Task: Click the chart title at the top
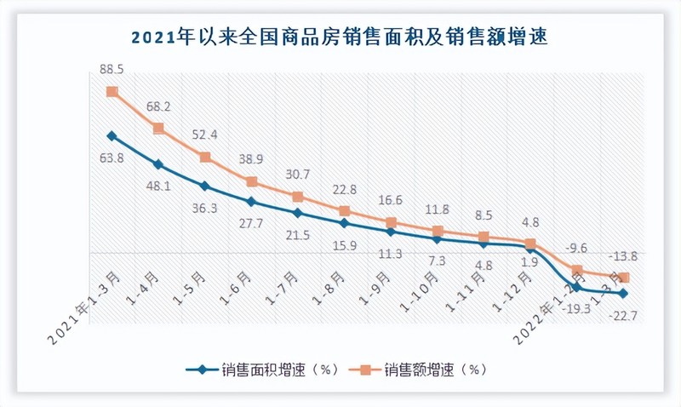(340, 37)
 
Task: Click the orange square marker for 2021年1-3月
(112, 92)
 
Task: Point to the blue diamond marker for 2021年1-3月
(112, 135)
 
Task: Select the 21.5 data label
(296, 235)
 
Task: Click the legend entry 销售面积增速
(265, 370)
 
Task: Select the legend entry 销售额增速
(425, 370)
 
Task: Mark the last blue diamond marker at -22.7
(624, 294)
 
